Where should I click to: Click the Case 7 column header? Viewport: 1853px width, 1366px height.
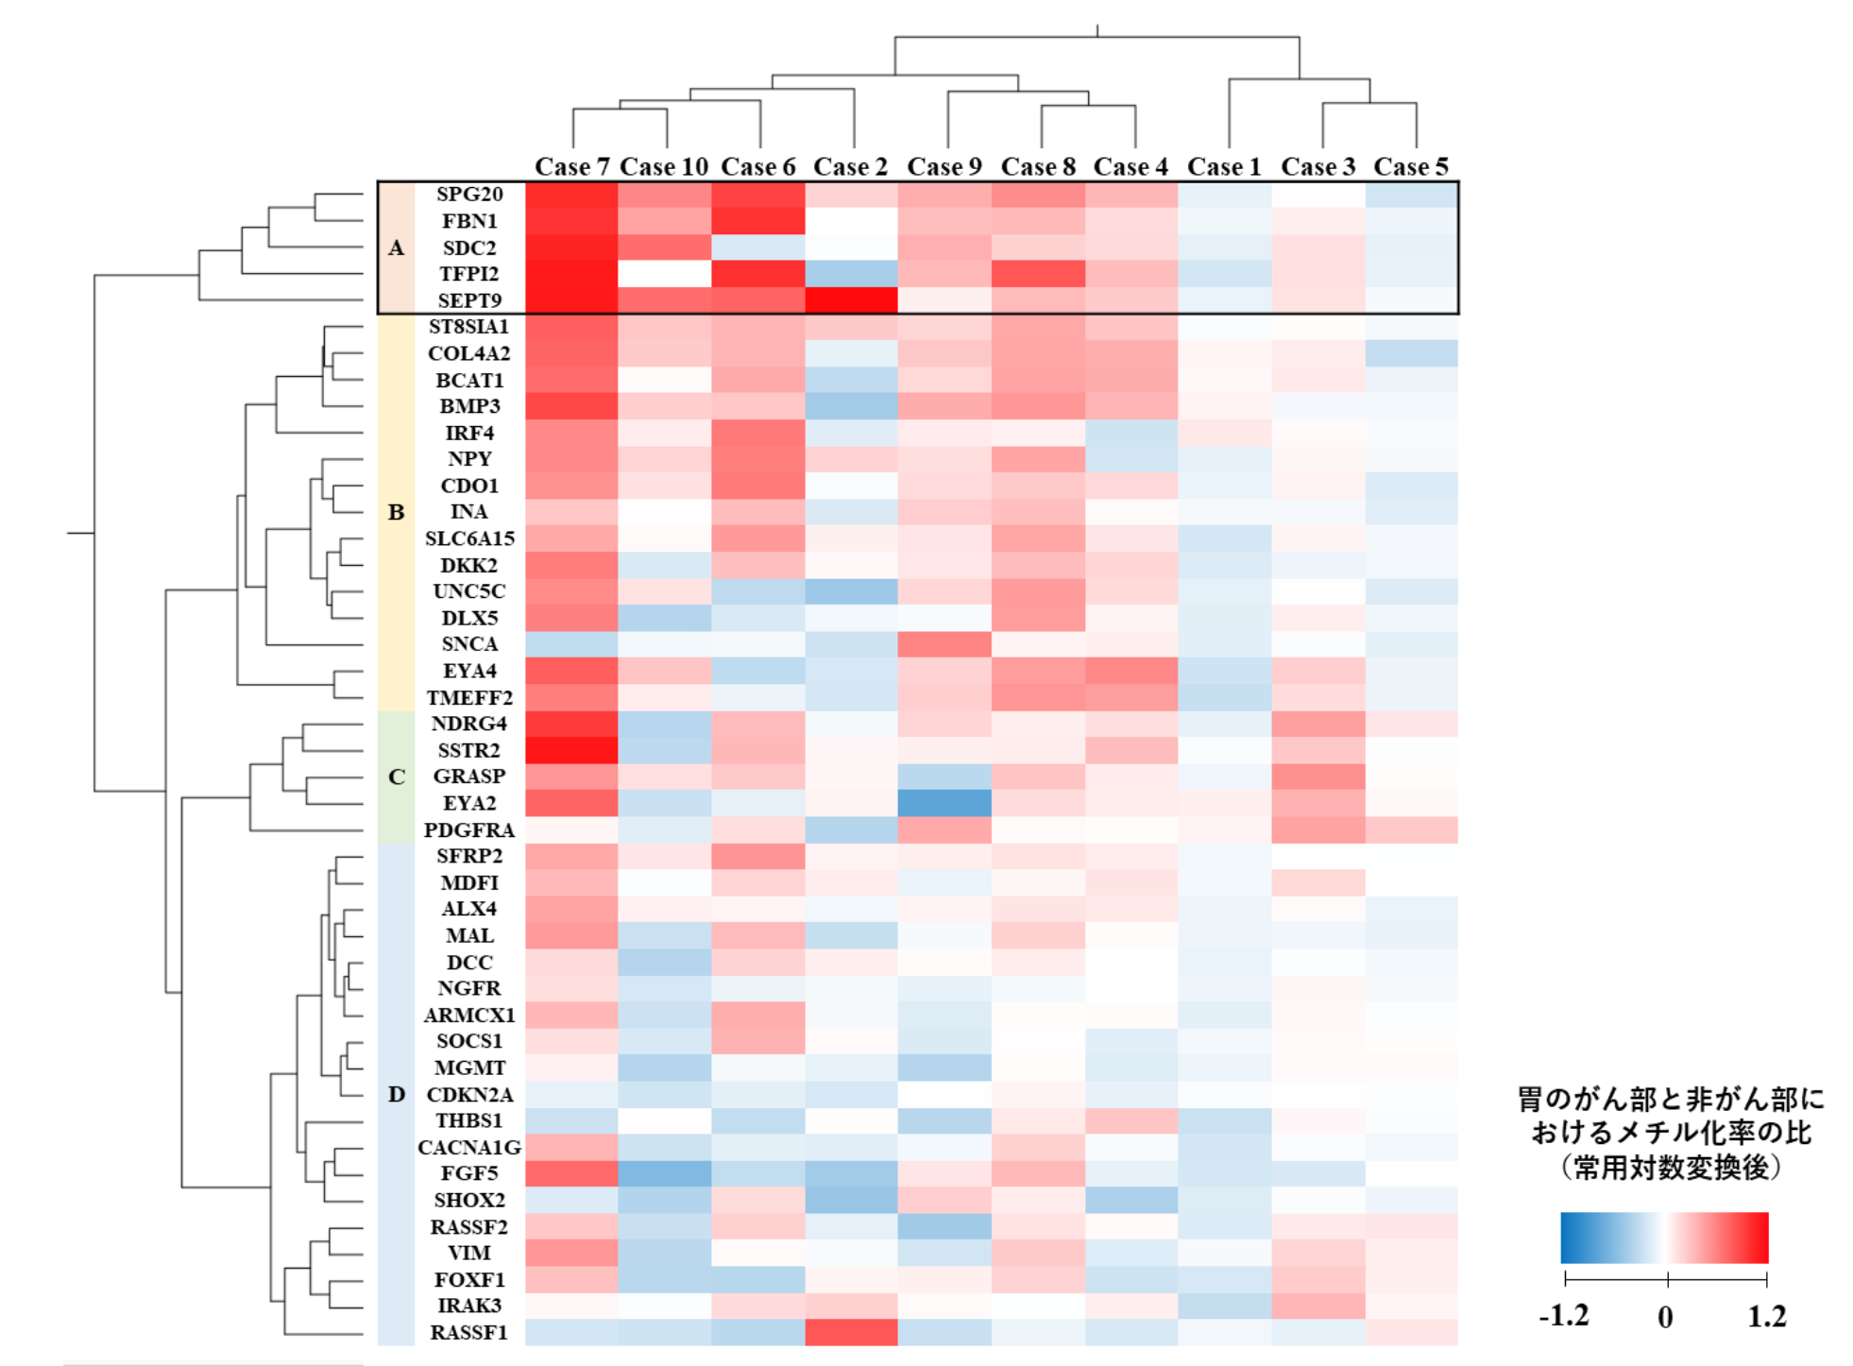(x=571, y=167)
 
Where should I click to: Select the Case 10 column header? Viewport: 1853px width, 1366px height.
(x=664, y=167)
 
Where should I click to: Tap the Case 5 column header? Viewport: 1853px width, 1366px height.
(x=1411, y=167)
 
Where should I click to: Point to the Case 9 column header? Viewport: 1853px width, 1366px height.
(x=944, y=167)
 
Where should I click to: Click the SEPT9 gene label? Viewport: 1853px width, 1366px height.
(x=469, y=300)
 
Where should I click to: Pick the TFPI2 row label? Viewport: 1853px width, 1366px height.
(x=469, y=274)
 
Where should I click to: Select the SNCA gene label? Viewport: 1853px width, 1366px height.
(x=469, y=644)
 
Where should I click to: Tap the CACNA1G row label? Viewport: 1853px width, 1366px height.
(x=469, y=1147)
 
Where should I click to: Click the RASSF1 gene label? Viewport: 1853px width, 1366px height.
(x=469, y=1332)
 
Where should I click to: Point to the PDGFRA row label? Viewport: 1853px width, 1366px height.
(x=469, y=829)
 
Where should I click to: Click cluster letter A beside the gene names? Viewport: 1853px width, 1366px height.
(x=397, y=248)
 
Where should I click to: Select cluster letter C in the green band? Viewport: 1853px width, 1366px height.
(x=397, y=777)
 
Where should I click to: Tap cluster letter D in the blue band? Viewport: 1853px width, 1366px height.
(x=397, y=1094)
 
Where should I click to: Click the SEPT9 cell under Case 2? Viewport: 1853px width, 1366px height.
(x=851, y=300)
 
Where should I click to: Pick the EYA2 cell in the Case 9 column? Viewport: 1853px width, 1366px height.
(x=944, y=803)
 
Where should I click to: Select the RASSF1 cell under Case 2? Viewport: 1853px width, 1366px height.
(x=851, y=1332)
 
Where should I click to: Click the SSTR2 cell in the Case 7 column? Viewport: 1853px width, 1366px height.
(x=571, y=750)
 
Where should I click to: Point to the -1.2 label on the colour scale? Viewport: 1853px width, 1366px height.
(x=1564, y=1316)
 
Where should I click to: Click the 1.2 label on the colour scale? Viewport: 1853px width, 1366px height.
(x=1767, y=1316)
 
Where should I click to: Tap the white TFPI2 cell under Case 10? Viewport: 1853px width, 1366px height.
(x=664, y=274)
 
